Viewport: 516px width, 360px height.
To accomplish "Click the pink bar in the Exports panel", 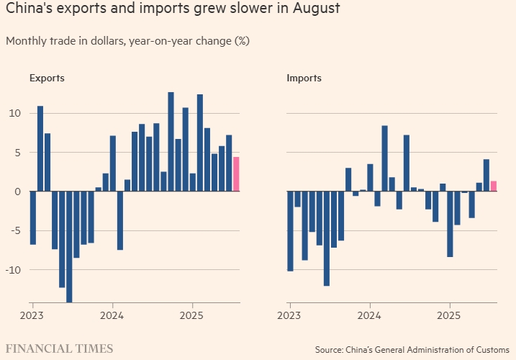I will point(236,174).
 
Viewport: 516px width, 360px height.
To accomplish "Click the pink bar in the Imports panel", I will point(494,186).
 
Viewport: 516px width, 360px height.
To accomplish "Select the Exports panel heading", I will point(47,78).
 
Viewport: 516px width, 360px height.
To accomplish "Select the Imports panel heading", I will point(304,78).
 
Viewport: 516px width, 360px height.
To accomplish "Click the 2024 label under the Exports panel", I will point(112,315).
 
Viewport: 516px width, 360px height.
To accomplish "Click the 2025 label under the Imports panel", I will point(449,315).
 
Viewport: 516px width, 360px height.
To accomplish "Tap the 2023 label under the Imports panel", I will point(289,315).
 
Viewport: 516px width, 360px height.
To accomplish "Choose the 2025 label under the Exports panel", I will point(192,315).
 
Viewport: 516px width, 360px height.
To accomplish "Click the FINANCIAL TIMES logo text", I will point(60,348).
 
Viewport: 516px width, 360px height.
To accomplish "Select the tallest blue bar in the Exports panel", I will point(171,141).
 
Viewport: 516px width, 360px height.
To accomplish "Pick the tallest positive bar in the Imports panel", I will point(384,158).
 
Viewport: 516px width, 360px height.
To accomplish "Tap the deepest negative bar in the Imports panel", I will point(327,238).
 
